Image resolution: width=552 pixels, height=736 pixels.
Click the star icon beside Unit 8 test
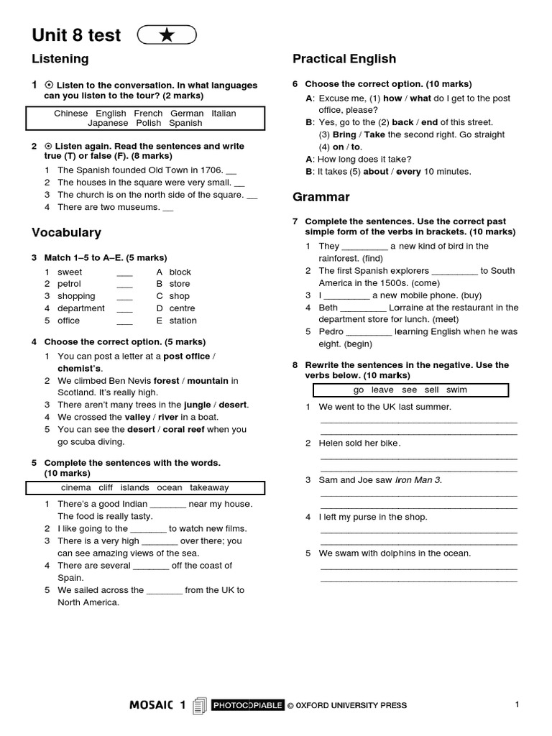tap(166, 35)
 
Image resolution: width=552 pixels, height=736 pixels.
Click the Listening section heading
tap(60, 59)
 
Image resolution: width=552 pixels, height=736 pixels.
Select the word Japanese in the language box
tap(107, 123)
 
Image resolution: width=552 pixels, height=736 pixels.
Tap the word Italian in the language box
tap(224, 114)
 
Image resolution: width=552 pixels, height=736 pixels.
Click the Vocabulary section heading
tap(66, 233)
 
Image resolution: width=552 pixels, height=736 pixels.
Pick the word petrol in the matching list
tap(70, 284)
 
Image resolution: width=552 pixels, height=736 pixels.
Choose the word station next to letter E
tap(183, 321)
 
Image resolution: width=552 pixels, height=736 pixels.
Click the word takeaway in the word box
tap(209, 488)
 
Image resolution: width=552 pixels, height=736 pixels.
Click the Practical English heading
tap(344, 59)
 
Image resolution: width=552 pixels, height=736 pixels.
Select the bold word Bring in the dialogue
tap(344, 134)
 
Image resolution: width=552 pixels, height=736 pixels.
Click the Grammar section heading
tap(321, 197)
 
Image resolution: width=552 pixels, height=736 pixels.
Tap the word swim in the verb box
tap(456, 390)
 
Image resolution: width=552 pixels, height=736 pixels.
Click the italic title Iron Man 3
tap(418, 480)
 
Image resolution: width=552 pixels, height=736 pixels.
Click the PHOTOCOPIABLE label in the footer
tap(247, 706)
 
